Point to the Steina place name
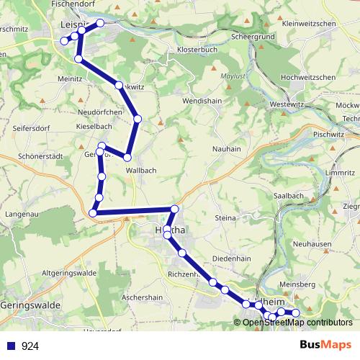pos(225,217)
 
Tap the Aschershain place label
pos(143,297)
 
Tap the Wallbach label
pos(141,170)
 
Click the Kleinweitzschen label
pos(310,24)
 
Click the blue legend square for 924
pos(10,346)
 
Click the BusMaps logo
pos(325,345)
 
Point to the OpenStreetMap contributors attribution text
pos(297,323)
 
